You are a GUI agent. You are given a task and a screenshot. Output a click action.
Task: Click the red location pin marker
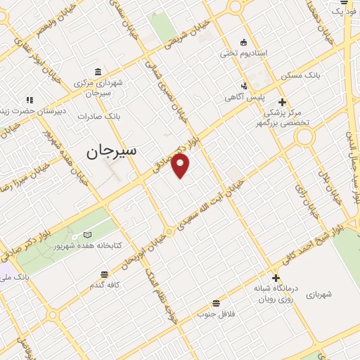pos(181,166)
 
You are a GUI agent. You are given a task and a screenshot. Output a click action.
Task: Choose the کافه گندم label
pos(105,286)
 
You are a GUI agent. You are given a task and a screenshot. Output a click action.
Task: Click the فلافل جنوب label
pos(216,314)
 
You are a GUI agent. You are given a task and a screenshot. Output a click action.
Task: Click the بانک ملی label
pos(16,278)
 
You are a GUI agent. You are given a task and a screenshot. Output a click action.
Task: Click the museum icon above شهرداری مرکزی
pos(96,72)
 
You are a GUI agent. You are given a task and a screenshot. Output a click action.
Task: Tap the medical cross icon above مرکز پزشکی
pos(282,101)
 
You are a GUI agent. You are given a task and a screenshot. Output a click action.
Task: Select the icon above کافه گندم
pos(105,274)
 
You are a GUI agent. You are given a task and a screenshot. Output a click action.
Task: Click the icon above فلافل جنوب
pos(216,302)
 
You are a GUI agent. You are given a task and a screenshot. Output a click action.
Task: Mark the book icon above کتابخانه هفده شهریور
pos(87,235)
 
